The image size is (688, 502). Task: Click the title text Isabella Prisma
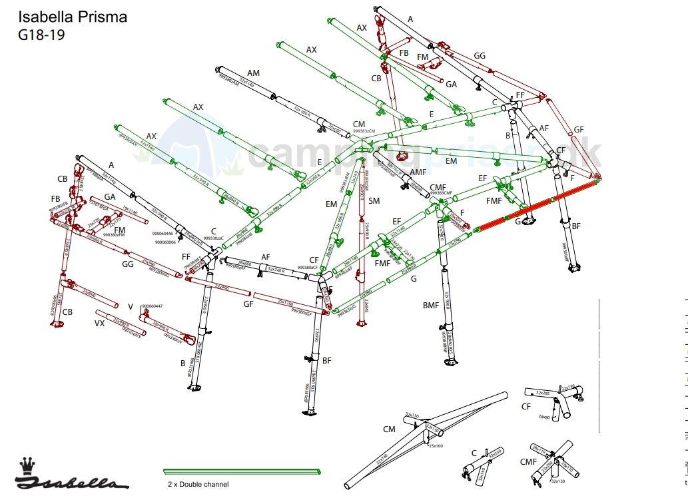73,17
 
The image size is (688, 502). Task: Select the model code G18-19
41,35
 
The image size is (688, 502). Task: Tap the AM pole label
253,73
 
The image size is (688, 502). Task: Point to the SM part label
374,201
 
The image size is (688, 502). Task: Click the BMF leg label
431,306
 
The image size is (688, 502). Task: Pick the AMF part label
418,172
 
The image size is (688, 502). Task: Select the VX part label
99,324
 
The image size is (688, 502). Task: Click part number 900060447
152,306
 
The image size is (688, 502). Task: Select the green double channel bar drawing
242,471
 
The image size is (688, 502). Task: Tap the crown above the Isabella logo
27,463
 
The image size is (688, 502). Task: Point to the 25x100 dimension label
436,445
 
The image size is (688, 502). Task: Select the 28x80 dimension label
544,417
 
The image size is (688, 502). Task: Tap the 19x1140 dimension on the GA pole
130,211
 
